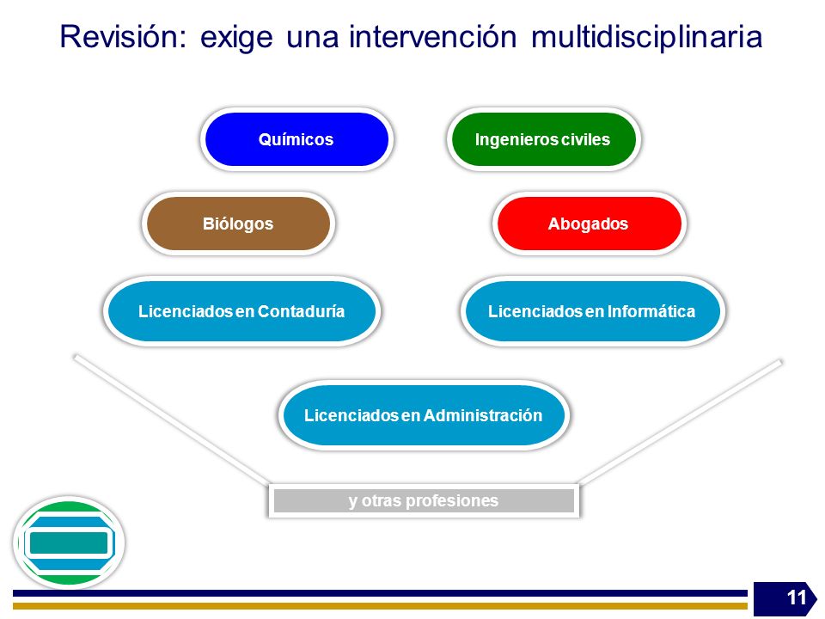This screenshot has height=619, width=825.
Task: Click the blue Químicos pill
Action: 296,139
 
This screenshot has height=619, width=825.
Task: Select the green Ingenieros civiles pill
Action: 543,139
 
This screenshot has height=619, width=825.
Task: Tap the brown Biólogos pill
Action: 238,224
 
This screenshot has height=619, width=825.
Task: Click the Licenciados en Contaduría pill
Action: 241,311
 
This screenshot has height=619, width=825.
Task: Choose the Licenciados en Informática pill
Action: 592,311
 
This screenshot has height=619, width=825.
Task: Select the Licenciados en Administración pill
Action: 424,415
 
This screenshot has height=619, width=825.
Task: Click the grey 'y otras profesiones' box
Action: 424,500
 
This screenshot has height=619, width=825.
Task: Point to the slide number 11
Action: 797,598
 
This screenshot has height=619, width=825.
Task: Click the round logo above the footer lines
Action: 69,542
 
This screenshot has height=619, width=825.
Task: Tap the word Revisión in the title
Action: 123,37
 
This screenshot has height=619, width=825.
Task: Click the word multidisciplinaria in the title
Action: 646,38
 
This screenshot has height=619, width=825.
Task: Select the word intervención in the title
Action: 432,37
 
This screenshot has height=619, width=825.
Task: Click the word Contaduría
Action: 301,311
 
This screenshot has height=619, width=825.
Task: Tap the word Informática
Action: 651,311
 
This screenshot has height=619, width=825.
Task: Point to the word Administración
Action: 482,416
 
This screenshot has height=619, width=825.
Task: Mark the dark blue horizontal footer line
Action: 380,593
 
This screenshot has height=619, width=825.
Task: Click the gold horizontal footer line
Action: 380,606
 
